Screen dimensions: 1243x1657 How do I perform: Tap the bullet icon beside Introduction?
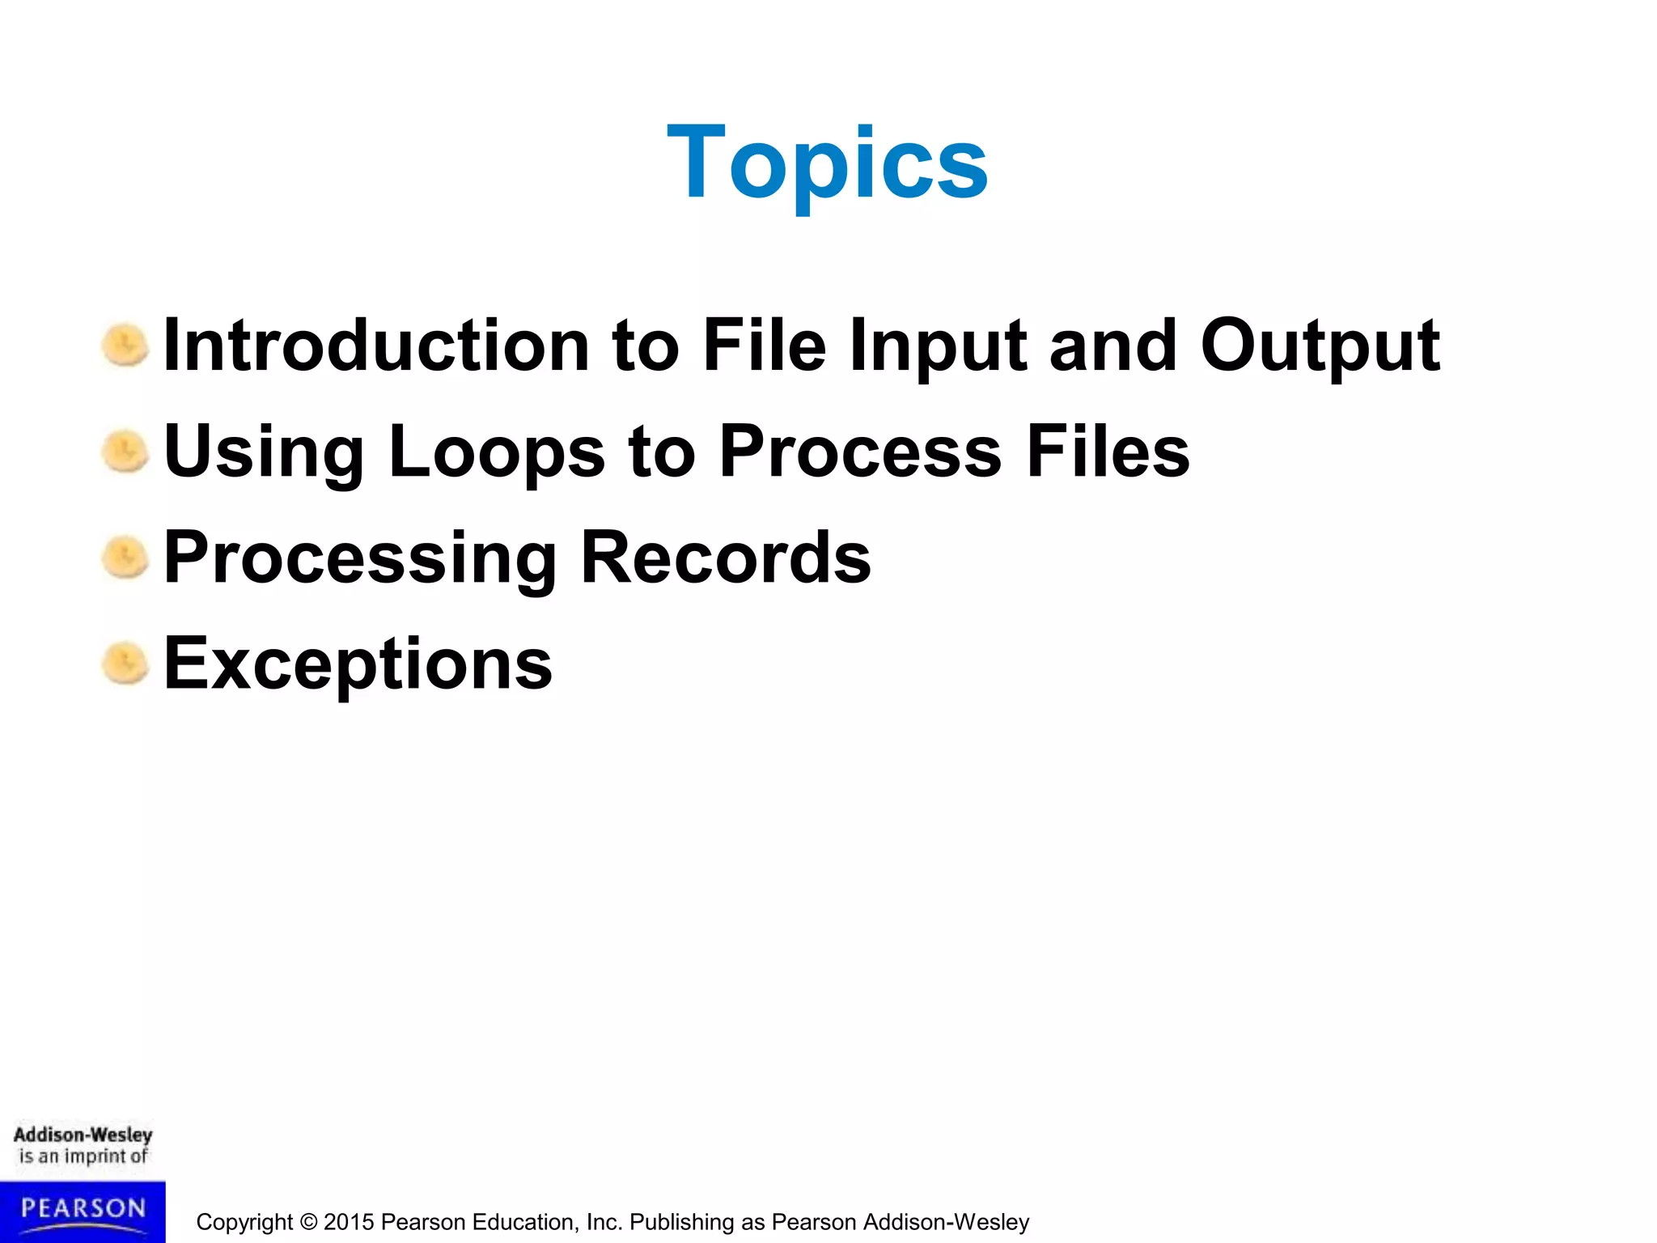[125, 346]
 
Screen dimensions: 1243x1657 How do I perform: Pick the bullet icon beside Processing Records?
[125, 558]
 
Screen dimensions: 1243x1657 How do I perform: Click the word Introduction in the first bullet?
[376, 346]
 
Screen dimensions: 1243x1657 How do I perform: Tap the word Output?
[1320, 346]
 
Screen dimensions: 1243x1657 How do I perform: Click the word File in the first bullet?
[764, 346]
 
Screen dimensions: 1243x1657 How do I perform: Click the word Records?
[726, 558]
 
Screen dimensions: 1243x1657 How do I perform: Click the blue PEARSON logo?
[83, 1211]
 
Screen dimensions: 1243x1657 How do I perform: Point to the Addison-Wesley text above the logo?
[83, 1135]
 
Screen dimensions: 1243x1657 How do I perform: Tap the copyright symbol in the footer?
[308, 1222]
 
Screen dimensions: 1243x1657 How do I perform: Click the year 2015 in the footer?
[349, 1222]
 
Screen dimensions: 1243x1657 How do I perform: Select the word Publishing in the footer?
[681, 1222]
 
